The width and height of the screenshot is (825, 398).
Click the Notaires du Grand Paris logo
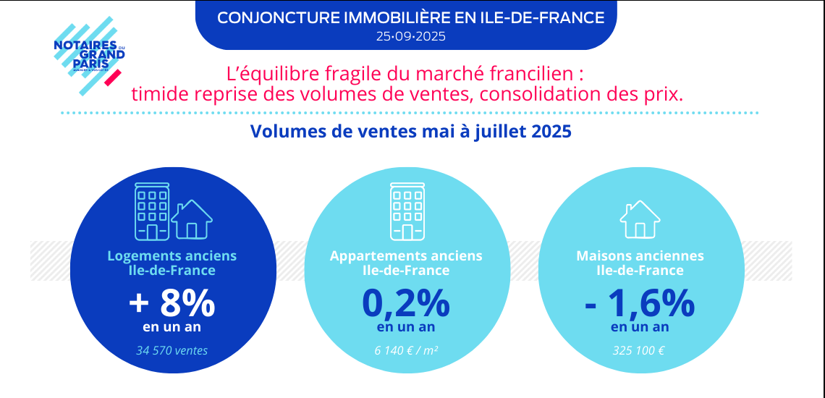click(x=89, y=56)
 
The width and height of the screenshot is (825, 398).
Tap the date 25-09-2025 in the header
click(x=410, y=35)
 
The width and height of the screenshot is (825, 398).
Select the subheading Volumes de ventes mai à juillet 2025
click(x=410, y=132)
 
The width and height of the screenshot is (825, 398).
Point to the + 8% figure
click(x=172, y=304)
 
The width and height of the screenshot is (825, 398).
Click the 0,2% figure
click(x=406, y=304)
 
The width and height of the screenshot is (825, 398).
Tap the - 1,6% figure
click(x=640, y=304)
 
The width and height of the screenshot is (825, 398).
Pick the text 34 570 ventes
click(x=172, y=351)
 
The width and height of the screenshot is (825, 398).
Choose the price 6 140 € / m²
click(x=406, y=351)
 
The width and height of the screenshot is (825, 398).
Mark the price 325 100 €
click(x=640, y=351)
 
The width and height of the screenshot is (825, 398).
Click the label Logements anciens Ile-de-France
click(x=172, y=263)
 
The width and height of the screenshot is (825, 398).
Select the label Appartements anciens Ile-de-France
click(x=406, y=263)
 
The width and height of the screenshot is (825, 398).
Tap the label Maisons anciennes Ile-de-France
click(x=640, y=263)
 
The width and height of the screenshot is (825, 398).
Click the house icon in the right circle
click(x=640, y=219)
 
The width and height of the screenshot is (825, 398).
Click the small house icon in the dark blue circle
click(x=191, y=219)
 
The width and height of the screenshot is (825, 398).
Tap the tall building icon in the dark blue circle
click(x=152, y=211)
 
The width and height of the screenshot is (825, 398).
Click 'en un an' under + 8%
click(x=172, y=327)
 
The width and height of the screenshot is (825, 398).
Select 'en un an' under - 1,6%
click(x=640, y=327)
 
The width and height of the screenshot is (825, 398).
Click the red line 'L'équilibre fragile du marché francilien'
click(x=405, y=74)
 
